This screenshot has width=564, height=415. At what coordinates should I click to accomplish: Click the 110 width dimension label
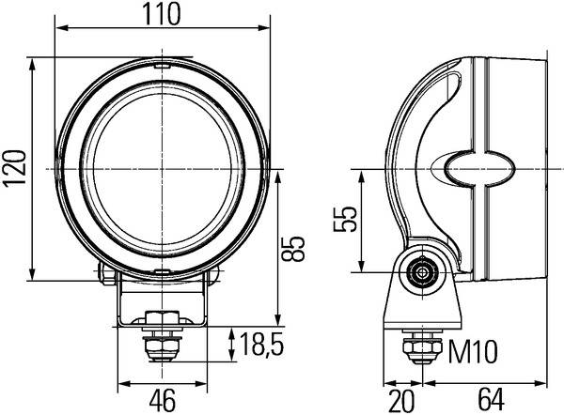161,14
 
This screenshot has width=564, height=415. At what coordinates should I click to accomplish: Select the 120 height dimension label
14,170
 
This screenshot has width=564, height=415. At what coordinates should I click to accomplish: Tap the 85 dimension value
294,248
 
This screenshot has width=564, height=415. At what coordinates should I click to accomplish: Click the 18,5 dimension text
261,346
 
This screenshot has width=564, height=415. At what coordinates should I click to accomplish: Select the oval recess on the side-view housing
481,170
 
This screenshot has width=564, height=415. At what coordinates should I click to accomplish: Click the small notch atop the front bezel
162,66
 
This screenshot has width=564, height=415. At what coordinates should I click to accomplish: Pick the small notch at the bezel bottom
162,271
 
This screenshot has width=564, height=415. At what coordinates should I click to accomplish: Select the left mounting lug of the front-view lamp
103,272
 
